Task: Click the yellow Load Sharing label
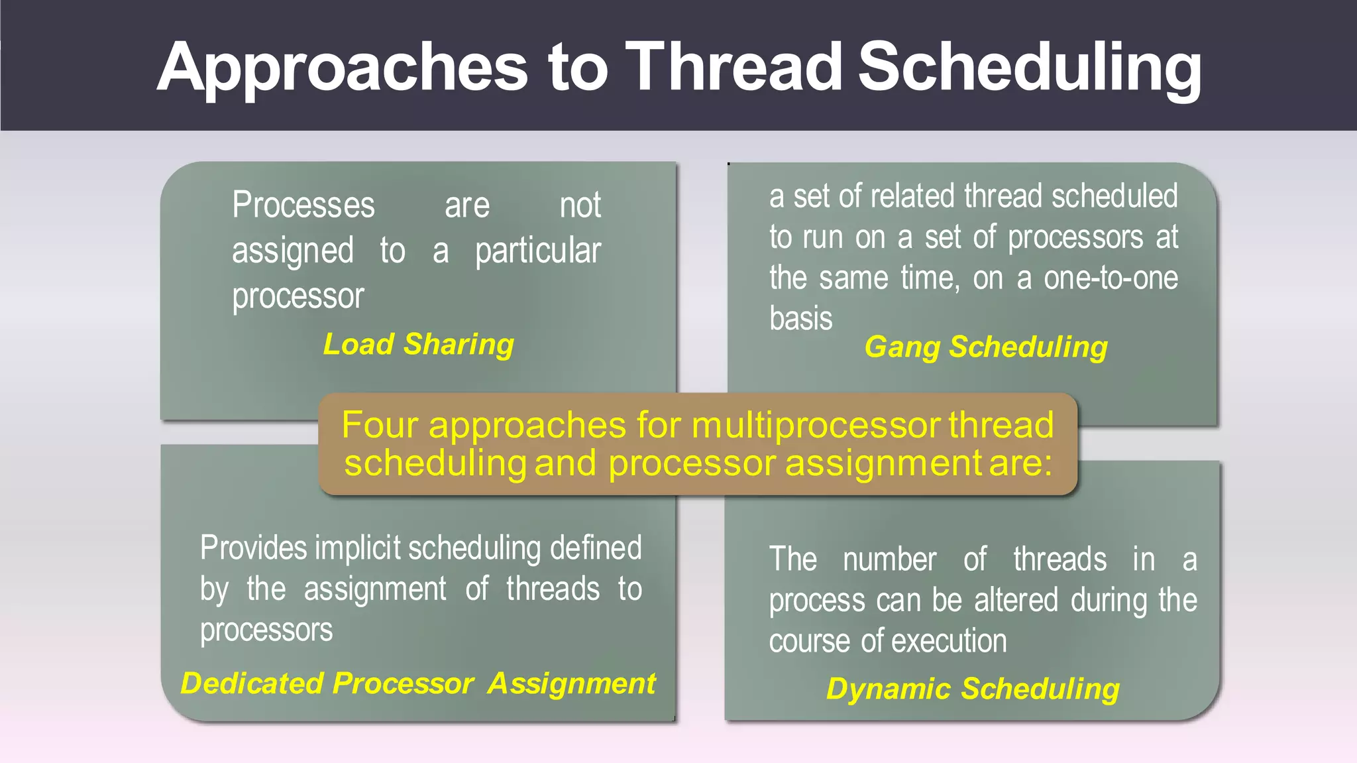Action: pos(418,345)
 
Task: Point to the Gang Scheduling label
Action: pos(985,347)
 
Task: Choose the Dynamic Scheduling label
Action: pos(972,689)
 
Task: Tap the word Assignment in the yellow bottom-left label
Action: pos(571,683)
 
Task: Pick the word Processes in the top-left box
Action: pos(303,205)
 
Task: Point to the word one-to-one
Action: pos(1111,278)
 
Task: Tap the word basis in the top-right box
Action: pos(800,319)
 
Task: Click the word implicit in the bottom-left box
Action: pos(358,548)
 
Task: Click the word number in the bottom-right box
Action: pos(889,559)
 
